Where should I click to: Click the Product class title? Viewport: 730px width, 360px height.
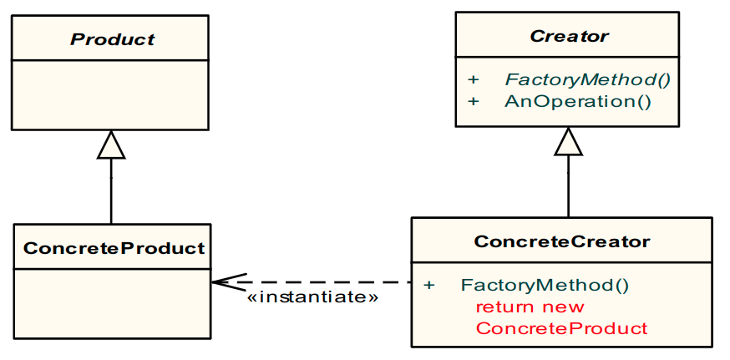pyautogui.click(x=112, y=38)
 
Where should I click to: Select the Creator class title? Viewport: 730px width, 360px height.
pyautogui.click(x=569, y=36)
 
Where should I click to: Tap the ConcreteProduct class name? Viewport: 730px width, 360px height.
pyautogui.click(x=114, y=248)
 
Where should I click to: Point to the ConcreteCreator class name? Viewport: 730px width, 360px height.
pyautogui.click(x=562, y=242)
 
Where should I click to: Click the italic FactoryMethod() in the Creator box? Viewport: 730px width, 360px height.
pyautogui.click(x=588, y=80)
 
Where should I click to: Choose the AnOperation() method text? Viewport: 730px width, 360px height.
pyautogui.click(x=577, y=102)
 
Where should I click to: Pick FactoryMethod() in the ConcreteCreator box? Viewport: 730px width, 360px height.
pyautogui.click(x=545, y=285)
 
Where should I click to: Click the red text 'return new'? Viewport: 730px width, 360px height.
pyautogui.click(x=530, y=307)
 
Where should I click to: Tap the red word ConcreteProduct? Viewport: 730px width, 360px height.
pyautogui.click(x=561, y=328)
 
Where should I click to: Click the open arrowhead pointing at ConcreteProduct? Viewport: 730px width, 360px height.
pyautogui.click(x=221, y=282)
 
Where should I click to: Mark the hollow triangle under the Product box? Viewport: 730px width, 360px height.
pyautogui.click(x=111, y=145)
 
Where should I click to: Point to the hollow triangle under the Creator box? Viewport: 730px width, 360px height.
pyautogui.click(x=568, y=142)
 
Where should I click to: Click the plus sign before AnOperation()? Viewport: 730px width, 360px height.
pyautogui.click(x=474, y=102)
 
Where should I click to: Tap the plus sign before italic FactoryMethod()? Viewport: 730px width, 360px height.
pyautogui.click(x=474, y=80)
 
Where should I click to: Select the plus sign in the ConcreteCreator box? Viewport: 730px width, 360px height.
pyautogui.click(x=429, y=285)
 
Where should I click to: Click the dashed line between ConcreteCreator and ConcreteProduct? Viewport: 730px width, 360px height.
pyautogui.click(x=334, y=282)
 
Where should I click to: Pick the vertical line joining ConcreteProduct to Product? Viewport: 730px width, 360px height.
pyautogui.click(x=111, y=192)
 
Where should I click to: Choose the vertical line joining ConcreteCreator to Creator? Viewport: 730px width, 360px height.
pyautogui.click(x=568, y=188)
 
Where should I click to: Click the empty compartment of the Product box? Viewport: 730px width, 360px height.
pyautogui.click(x=109, y=94)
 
